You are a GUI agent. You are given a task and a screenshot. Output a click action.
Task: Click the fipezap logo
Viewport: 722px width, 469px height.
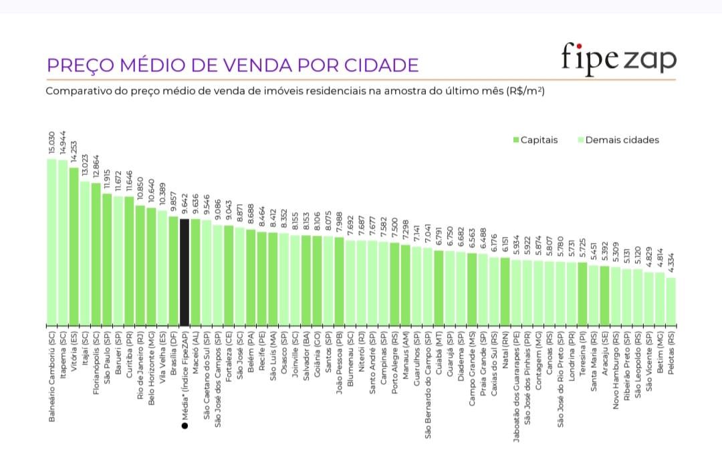click(618, 58)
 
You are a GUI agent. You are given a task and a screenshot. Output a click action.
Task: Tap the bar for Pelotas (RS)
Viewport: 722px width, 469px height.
click(671, 301)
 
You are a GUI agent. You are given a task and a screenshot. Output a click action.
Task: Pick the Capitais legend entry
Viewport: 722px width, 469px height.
click(534, 140)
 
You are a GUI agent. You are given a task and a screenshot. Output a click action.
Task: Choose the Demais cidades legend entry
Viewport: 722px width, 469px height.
click(618, 140)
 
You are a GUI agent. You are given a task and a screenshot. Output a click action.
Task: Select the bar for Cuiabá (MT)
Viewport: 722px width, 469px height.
click(439, 288)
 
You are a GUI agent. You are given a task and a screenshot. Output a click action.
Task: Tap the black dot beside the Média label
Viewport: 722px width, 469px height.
click(185, 424)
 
